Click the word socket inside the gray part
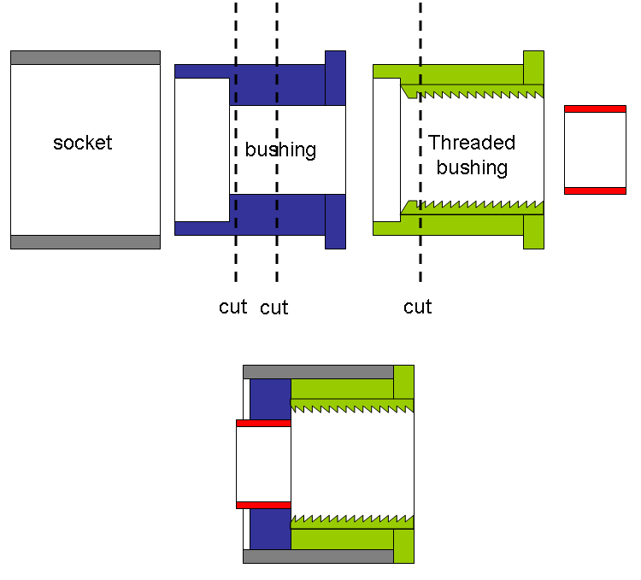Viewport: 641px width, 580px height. [82, 143]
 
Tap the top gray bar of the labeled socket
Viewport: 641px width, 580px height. [85, 57]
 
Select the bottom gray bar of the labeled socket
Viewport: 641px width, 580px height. [85, 242]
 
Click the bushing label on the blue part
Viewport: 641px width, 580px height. [280, 150]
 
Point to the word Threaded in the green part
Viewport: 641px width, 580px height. [472, 143]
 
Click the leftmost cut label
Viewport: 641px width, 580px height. [232, 307]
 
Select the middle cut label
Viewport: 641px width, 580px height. [274, 308]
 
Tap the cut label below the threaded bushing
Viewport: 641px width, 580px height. [417, 307]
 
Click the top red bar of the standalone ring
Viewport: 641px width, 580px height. [595, 109]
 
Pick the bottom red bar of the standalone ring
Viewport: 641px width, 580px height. [595, 190]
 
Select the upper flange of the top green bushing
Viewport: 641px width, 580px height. [533, 67]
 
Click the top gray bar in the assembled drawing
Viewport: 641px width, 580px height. [318, 372]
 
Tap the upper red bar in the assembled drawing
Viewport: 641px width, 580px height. [263, 424]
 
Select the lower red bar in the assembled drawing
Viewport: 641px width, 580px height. [263, 505]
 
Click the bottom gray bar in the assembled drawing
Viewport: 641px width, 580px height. [318, 556]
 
